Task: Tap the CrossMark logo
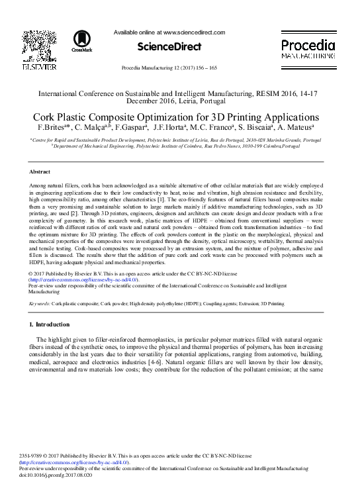click(83, 41)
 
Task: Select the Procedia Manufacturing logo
click(308, 49)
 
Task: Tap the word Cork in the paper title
click(46, 117)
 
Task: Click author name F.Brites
click(51, 127)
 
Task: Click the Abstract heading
click(40, 171)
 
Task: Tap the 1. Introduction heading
click(50, 324)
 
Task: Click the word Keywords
click(40, 303)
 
